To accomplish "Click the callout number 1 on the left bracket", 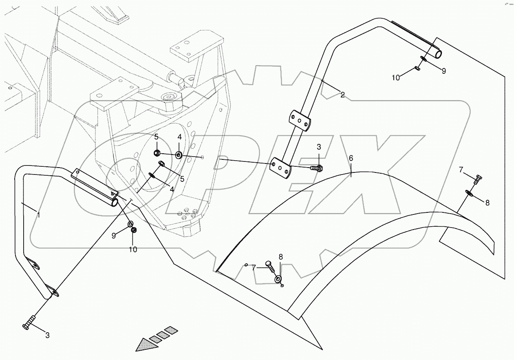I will tap(38, 215).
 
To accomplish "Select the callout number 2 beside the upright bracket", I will tap(342, 95).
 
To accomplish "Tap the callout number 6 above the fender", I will tap(351, 158).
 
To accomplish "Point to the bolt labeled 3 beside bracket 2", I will tap(317, 168).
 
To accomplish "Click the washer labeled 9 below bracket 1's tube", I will tap(130, 224).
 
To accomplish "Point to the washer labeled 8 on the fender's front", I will tap(278, 279).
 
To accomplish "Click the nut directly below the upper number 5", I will tap(157, 153).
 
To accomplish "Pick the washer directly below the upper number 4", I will tap(179, 155).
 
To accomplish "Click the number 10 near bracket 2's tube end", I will tap(396, 77).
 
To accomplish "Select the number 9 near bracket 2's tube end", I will tap(443, 71).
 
